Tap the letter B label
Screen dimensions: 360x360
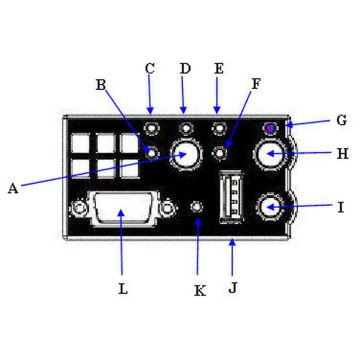[100, 85]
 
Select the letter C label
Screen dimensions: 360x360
[150, 69]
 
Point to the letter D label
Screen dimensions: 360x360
[184, 69]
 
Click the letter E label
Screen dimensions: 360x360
[218, 69]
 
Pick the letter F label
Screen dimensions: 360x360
[255, 86]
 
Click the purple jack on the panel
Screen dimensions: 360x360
[270, 129]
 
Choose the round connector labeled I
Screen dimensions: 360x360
[271, 208]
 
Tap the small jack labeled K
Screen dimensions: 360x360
[198, 209]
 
